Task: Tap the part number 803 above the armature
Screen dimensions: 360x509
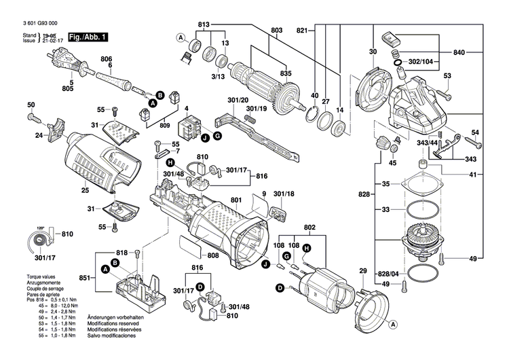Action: coord(276,31)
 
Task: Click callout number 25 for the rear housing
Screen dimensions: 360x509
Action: coord(85,190)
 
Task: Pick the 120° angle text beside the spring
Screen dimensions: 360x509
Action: coord(40,228)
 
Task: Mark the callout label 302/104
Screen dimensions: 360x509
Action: coord(420,62)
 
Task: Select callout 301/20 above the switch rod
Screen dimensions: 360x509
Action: coord(237,101)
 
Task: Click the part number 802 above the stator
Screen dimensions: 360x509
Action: coord(309,227)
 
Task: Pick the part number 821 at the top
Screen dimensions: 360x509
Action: coord(302,30)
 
